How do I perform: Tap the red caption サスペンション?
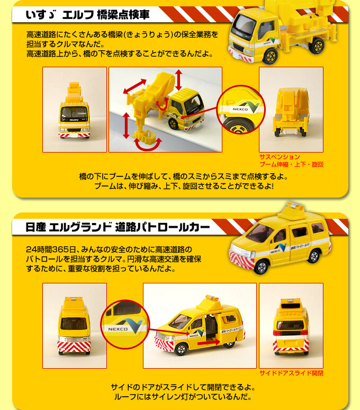click(280, 157)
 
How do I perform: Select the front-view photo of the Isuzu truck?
click(74, 110)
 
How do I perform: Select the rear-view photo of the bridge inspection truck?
click(291, 110)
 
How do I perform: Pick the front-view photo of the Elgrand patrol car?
click(74, 325)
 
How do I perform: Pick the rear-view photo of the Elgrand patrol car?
click(291, 325)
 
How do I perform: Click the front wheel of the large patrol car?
click(260, 265)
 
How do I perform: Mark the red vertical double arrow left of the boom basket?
click(126, 126)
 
